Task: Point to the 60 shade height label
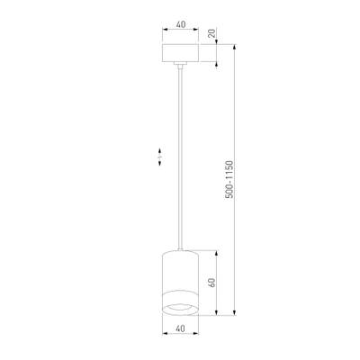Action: click(x=211, y=281)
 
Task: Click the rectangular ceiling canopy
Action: click(x=180, y=51)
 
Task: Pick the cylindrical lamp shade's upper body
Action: click(x=180, y=270)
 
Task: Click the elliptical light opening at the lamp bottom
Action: click(x=180, y=308)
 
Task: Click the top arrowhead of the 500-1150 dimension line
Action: click(x=237, y=43)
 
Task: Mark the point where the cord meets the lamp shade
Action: click(x=180, y=249)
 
